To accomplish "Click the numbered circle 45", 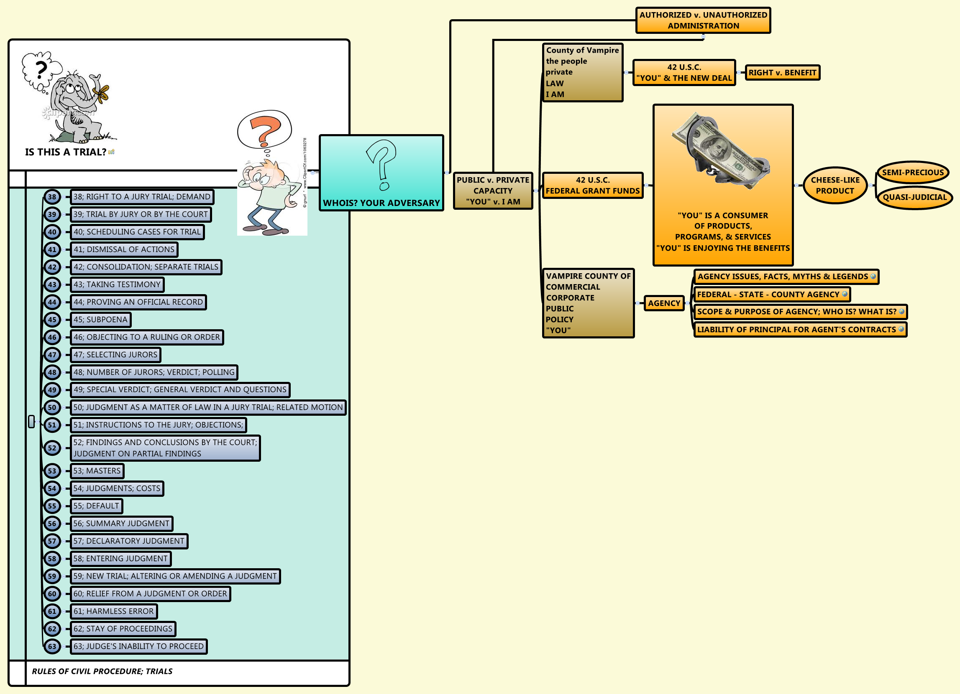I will click(x=52, y=320).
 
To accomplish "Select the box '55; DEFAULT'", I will click(x=97, y=506).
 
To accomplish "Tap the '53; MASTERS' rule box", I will click(x=97, y=471).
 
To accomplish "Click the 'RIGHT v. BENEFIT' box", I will click(x=782, y=72).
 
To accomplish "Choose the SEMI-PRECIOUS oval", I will click(x=913, y=173).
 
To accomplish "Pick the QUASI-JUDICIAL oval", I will click(x=914, y=197).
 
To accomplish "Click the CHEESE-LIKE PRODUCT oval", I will click(x=835, y=185).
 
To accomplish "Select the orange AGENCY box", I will click(x=664, y=303).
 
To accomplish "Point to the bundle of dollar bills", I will click(x=721, y=152).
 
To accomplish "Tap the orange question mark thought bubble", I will click(x=264, y=130).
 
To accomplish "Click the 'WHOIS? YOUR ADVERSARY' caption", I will click(x=381, y=203).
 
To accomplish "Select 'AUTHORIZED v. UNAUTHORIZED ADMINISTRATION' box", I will click(x=703, y=20).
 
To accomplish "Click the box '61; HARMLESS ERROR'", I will click(x=113, y=611).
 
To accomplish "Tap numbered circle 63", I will click(x=52, y=646).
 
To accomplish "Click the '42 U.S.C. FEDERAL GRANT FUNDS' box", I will click(x=593, y=185).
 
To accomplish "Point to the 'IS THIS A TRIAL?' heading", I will click(x=66, y=152).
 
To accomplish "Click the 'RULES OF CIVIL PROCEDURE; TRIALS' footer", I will click(x=102, y=671).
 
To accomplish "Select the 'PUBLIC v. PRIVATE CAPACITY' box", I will click(x=493, y=191).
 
